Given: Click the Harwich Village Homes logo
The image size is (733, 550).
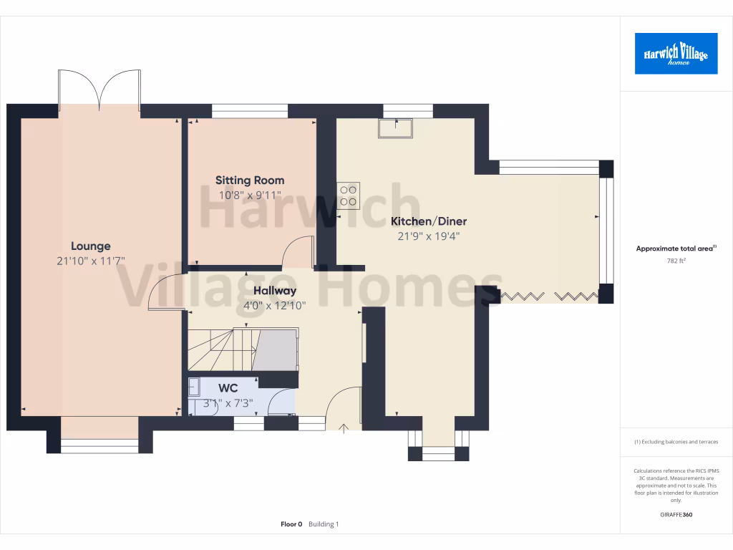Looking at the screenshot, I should [x=676, y=53].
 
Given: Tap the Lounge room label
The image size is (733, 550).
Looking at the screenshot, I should [x=90, y=246].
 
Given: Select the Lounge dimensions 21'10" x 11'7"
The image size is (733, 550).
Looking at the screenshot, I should [x=90, y=262].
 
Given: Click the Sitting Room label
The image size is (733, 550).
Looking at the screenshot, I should [x=250, y=180].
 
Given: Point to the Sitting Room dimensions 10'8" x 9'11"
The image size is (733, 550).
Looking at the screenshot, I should [x=250, y=195].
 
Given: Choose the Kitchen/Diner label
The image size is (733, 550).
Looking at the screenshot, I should [x=428, y=221].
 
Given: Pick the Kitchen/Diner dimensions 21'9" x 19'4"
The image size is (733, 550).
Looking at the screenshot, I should [x=428, y=236].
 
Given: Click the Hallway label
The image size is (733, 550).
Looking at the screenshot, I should [x=275, y=291].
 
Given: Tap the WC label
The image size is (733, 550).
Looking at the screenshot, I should [x=228, y=388].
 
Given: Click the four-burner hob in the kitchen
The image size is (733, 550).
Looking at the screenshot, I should [x=349, y=196].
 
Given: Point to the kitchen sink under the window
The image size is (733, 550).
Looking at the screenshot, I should [x=396, y=127].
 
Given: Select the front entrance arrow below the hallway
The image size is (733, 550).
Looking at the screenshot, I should [x=344, y=429].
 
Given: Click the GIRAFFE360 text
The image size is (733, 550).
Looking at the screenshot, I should [x=676, y=514].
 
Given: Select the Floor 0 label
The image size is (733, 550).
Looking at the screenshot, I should [x=291, y=524].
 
